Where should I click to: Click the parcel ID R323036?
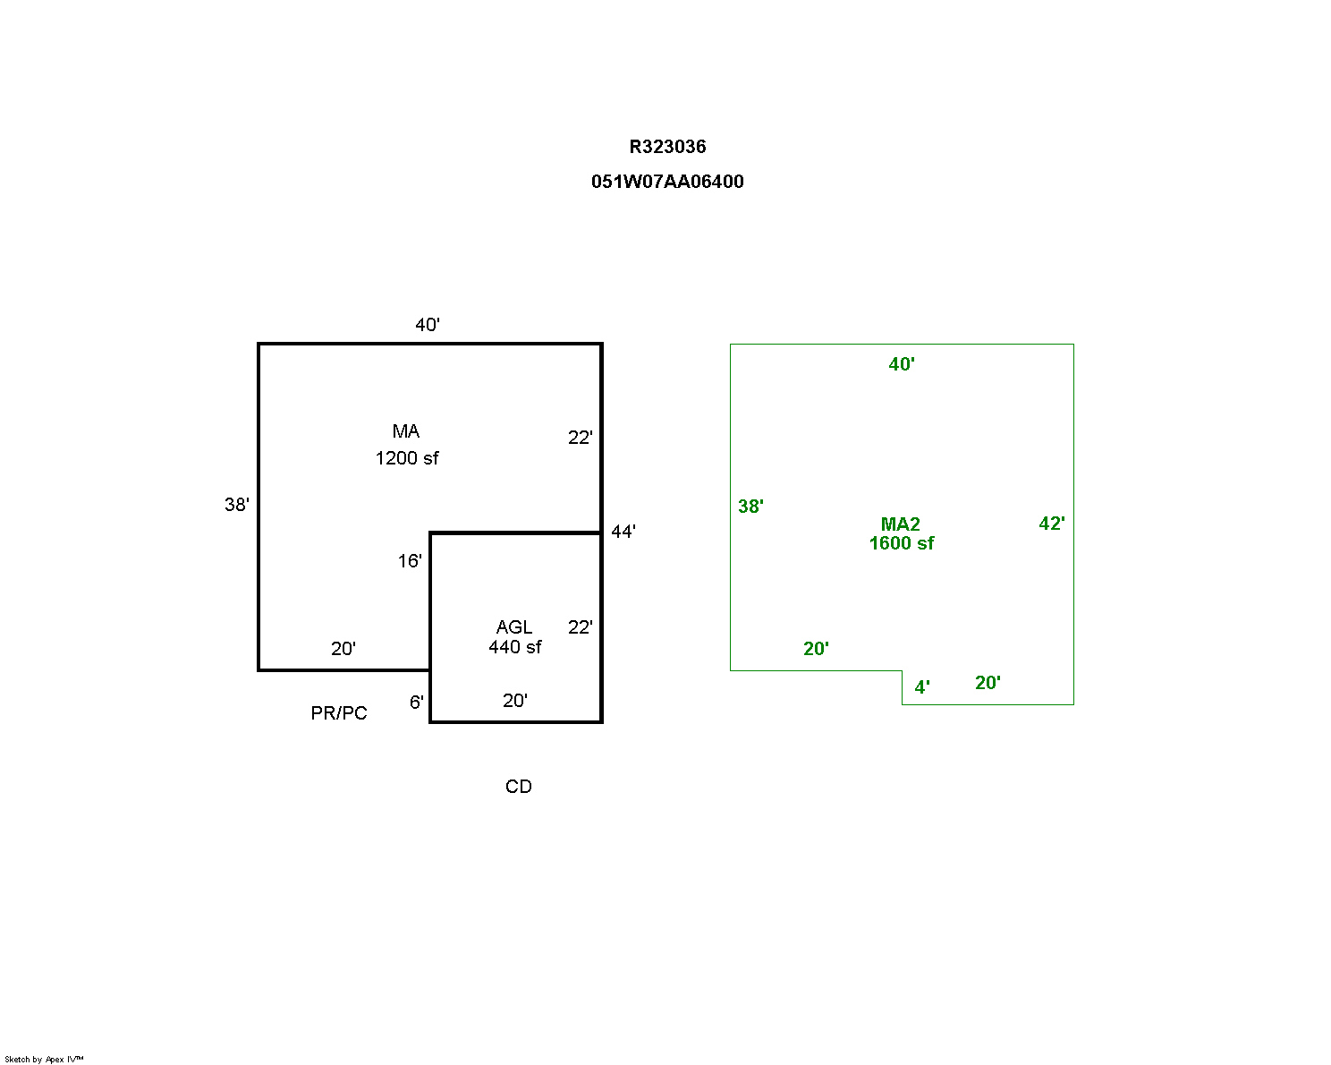(666, 147)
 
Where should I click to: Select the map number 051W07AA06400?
(666, 182)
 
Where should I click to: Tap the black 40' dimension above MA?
(427, 324)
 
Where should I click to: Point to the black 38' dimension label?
(236, 505)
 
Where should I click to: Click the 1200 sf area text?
(406, 458)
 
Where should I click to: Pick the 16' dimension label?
(409, 560)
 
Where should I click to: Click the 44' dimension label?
(623, 531)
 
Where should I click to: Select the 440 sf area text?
(514, 647)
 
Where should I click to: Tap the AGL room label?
(514, 626)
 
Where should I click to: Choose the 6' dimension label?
(416, 702)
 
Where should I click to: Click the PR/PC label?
(338, 713)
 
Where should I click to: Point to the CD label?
(518, 786)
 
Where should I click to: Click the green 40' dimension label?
(901, 364)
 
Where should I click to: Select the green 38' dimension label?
(750, 507)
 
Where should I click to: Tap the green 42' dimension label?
(1051, 523)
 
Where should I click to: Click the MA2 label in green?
(900, 524)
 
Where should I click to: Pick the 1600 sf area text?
(901, 542)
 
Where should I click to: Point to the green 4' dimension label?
(921, 687)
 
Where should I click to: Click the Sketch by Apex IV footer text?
(44, 1059)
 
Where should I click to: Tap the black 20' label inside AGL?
(514, 700)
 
